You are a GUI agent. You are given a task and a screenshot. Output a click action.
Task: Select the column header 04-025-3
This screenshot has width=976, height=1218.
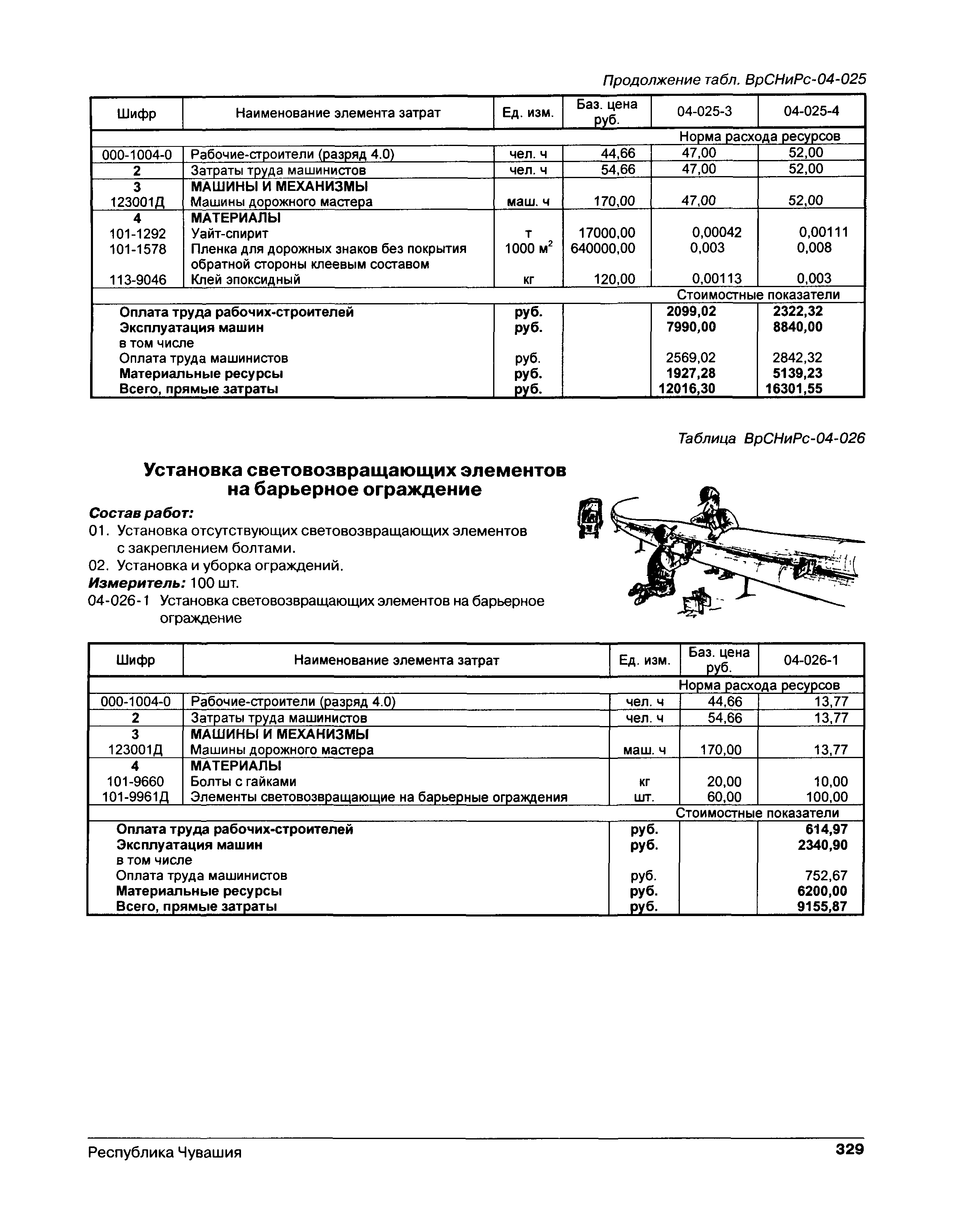coord(704,112)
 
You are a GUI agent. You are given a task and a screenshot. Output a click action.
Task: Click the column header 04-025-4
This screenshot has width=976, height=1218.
coord(811,111)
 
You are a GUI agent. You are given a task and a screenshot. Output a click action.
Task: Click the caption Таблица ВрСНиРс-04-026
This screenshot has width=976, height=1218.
coord(771,438)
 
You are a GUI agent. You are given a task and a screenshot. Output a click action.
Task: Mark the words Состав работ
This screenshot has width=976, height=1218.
coord(141,513)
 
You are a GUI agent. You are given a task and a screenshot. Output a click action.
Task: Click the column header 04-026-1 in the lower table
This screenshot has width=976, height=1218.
coord(811,660)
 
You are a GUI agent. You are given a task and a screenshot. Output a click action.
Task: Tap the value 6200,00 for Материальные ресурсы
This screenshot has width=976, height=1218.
coord(826,891)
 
